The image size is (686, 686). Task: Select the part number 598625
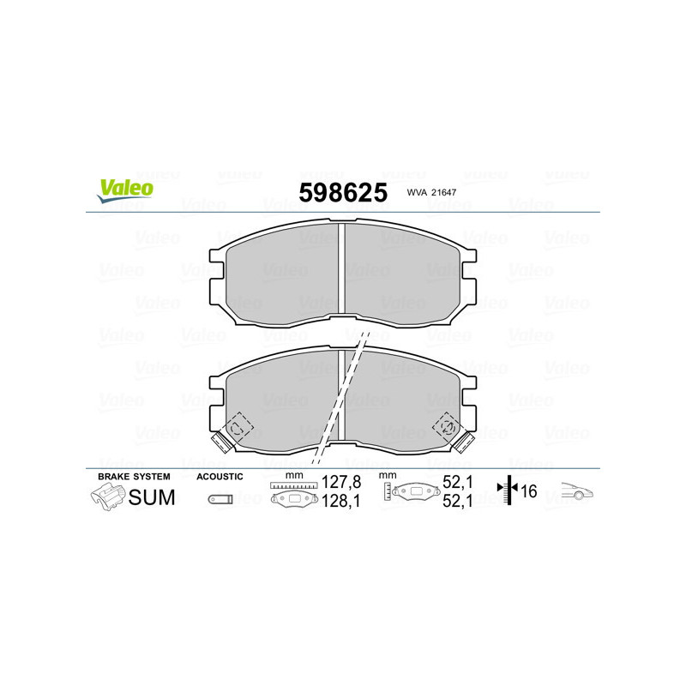(342, 192)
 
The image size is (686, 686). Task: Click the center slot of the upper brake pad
(342, 274)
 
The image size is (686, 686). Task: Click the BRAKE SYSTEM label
(134, 476)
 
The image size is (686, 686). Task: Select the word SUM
(152, 496)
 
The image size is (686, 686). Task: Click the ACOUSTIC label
(220, 476)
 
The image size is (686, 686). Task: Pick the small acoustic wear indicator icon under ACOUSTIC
(220, 499)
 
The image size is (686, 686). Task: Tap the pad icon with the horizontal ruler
(293, 496)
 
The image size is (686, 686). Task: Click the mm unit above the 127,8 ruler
(295, 475)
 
